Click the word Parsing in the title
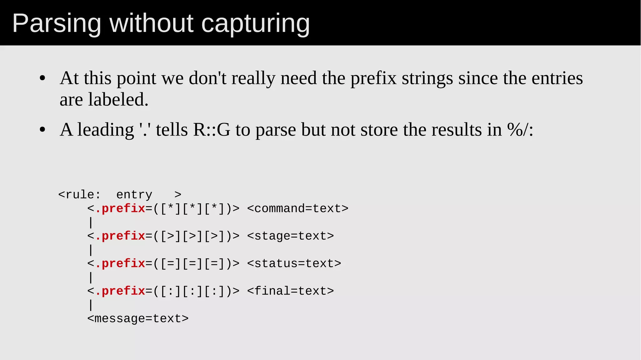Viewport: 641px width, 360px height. [56, 24]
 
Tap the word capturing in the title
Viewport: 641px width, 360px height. [255, 24]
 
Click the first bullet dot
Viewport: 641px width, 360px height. [43, 78]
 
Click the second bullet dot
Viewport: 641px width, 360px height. [43, 130]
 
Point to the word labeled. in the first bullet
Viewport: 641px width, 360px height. [118, 100]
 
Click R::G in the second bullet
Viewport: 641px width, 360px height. [212, 130]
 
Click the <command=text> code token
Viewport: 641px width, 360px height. [298, 208]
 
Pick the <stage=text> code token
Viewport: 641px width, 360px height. [290, 236]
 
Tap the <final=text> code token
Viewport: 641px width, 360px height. [290, 291]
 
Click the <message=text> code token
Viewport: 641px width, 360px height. [138, 319]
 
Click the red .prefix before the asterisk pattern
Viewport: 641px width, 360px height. [120, 208]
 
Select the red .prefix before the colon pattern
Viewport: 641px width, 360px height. [120, 291]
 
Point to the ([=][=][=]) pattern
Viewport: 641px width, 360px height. [192, 264]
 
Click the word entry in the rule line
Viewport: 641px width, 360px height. [134, 195]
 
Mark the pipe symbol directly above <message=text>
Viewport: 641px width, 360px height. [91, 305]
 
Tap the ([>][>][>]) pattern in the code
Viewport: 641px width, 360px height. [192, 236]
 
